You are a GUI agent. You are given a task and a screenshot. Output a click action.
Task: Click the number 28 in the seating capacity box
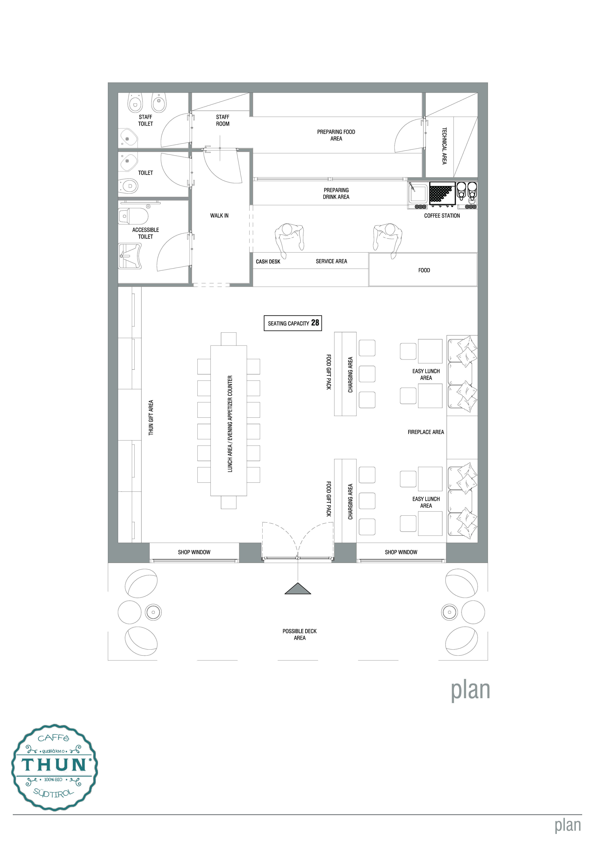(x=315, y=323)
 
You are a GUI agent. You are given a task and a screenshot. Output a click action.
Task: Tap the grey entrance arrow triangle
(x=298, y=588)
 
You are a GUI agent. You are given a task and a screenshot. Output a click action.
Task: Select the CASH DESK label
(x=268, y=262)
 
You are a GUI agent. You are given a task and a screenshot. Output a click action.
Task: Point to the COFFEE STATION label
(x=442, y=216)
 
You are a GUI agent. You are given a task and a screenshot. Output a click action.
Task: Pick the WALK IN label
(x=220, y=216)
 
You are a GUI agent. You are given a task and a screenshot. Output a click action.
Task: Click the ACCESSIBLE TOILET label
(x=146, y=233)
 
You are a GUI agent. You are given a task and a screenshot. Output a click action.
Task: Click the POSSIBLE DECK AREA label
(x=300, y=634)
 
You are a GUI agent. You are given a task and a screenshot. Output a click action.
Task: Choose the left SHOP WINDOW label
(x=194, y=552)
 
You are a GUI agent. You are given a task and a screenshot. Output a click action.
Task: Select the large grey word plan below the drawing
(x=471, y=691)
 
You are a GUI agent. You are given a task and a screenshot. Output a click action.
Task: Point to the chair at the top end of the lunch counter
(x=229, y=339)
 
